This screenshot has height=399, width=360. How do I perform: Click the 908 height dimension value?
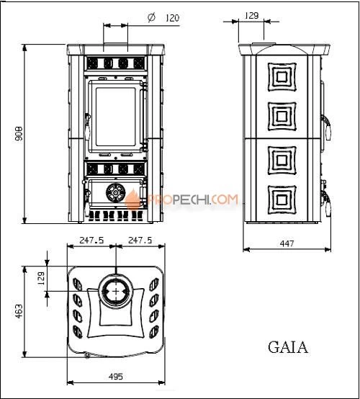pos(19,134)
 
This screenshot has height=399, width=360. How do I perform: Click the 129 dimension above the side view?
pos(251,14)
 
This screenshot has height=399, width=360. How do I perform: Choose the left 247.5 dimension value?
pos(91,240)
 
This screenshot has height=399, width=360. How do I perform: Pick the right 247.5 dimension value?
pos(139,240)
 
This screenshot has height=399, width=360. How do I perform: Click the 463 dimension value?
pos(19,310)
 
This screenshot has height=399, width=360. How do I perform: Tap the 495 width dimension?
pos(116,377)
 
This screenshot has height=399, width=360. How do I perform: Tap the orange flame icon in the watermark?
pos(134,200)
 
